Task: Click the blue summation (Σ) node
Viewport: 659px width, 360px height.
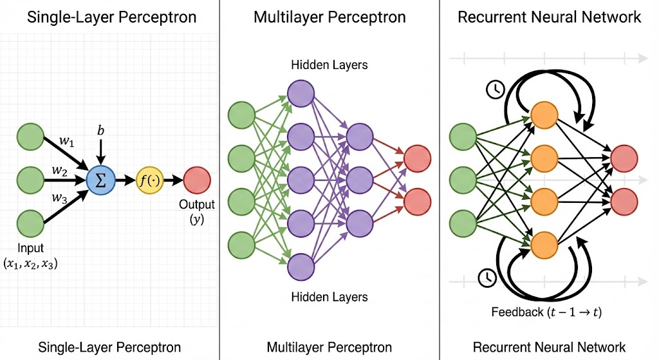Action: pyautogui.click(x=100, y=179)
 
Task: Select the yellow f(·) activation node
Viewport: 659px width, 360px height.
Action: pyautogui.click(x=149, y=180)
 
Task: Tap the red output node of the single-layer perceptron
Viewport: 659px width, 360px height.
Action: pyautogui.click(x=196, y=180)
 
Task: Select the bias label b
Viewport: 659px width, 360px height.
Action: pyautogui.click(x=100, y=131)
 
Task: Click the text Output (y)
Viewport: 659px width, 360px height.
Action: pyautogui.click(x=197, y=212)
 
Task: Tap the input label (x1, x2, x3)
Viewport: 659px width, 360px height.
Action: pyautogui.click(x=30, y=256)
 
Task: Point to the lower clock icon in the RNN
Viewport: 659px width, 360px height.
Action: pyautogui.click(x=487, y=278)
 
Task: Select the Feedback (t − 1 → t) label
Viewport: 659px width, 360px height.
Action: pyautogui.click(x=546, y=312)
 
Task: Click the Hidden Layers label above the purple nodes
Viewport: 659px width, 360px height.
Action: pyautogui.click(x=329, y=65)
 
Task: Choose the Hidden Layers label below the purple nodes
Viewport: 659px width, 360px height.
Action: pyautogui.click(x=329, y=297)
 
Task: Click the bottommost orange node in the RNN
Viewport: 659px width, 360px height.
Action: pyautogui.click(x=544, y=243)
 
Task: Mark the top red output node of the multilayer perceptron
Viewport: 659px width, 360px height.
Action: pyautogui.click(x=417, y=158)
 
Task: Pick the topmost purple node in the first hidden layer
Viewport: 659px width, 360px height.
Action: pyautogui.click(x=301, y=94)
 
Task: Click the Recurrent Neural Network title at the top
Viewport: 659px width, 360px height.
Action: pyautogui.click(x=549, y=17)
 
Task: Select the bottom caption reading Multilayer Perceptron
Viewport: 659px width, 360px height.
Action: pyautogui.click(x=329, y=347)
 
